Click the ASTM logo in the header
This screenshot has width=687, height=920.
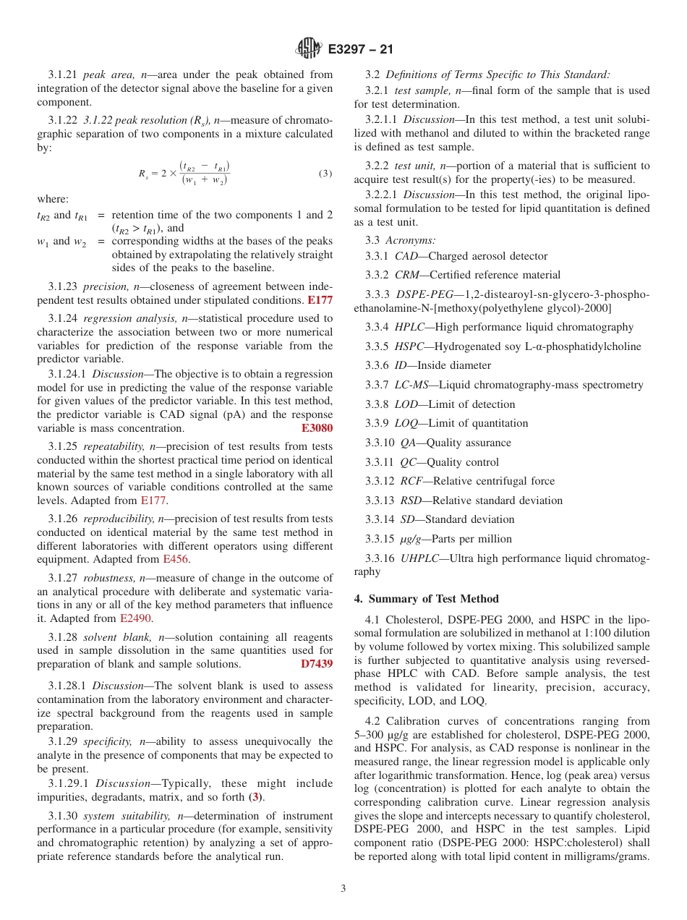[309, 48]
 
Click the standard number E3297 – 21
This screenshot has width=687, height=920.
[360, 49]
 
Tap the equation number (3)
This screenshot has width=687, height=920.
[325, 174]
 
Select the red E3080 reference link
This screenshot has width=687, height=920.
[317, 428]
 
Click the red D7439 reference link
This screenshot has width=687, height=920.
[317, 664]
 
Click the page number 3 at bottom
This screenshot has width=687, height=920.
[343, 888]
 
